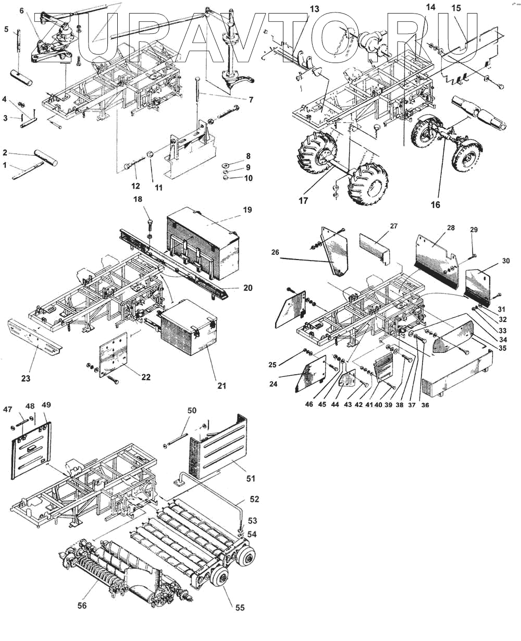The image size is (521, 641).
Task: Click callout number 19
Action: click(x=247, y=210)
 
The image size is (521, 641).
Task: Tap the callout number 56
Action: click(x=82, y=605)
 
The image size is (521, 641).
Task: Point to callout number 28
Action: click(x=450, y=228)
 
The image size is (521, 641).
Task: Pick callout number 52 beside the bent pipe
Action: click(x=254, y=499)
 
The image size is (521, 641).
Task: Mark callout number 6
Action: click(x=21, y=10)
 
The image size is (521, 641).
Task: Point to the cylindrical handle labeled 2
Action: click(x=46, y=155)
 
